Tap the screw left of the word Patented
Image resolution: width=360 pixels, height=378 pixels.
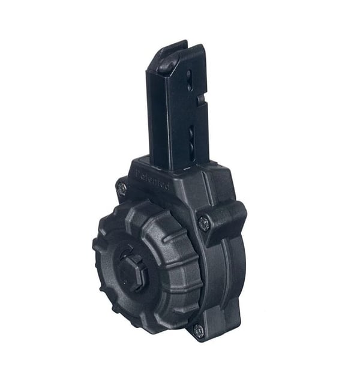click(122, 188)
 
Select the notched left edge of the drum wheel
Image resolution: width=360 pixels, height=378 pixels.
click(97, 252)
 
